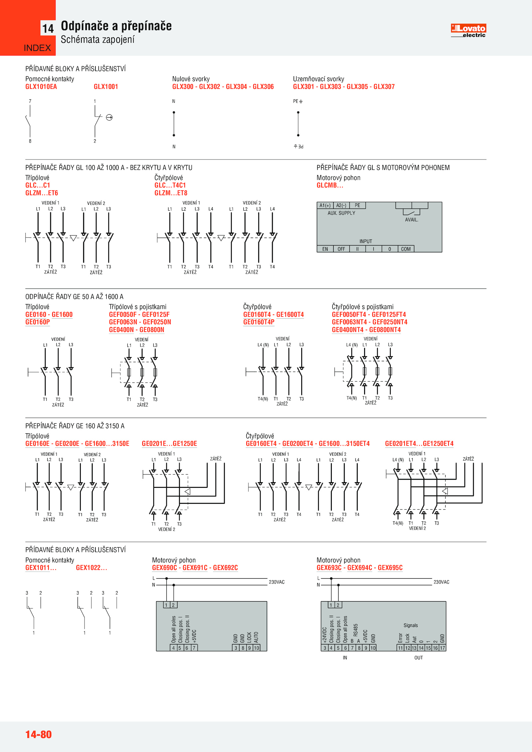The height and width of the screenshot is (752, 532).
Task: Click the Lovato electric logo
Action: [x=468, y=30]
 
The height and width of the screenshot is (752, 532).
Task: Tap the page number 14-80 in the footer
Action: [x=39, y=734]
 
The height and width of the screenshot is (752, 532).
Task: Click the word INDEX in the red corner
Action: [x=37, y=48]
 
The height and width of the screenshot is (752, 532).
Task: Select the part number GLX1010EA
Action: [x=41, y=87]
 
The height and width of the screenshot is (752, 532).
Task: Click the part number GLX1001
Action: [x=106, y=87]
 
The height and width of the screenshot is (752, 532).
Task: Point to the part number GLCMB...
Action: [x=330, y=185]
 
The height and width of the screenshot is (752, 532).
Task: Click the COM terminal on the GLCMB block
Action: [x=406, y=249]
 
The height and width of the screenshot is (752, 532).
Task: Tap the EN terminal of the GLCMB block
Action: [x=325, y=249]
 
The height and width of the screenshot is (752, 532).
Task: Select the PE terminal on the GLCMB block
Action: [x=357, y=205]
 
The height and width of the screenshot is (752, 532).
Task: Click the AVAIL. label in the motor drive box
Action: [x=411, y=220]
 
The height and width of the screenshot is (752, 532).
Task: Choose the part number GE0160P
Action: [x=38, y=322]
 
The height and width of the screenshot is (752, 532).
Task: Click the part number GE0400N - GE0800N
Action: [x=136, y=330]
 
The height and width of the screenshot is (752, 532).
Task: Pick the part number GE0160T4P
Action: [x=259, y=322]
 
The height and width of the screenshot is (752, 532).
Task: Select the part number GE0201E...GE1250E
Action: [x=169, y=444]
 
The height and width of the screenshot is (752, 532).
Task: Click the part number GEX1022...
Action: [x=91, y=568]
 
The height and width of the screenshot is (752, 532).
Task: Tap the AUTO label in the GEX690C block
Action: [x=256, y=637]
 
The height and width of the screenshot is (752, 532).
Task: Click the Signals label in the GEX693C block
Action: [x=411, y=625]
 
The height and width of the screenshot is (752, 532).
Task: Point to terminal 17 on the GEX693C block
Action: [x=443, y=648]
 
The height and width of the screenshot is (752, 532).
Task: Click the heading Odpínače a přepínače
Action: [x=116, y=26]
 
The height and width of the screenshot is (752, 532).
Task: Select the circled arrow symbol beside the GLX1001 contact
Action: [x=109, y=117]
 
